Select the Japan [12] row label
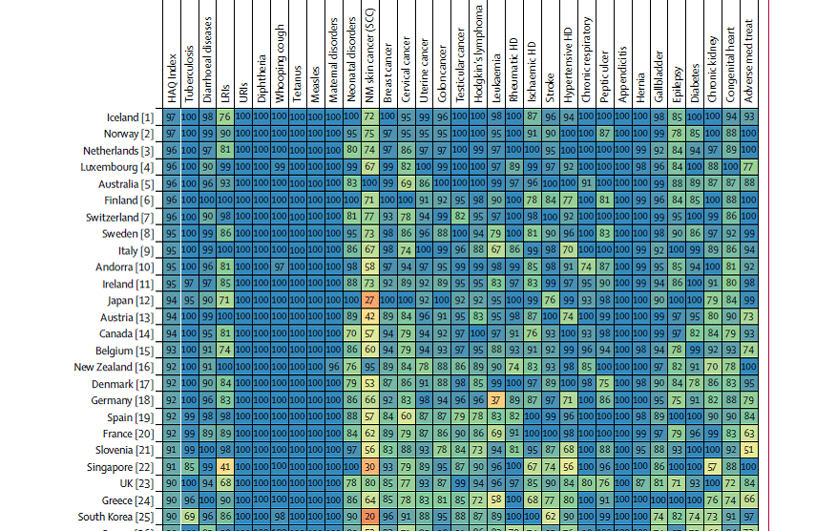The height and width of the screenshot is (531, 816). point(128,301)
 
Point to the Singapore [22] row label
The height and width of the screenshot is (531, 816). point(121,467)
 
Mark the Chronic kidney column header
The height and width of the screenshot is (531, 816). point(712,67)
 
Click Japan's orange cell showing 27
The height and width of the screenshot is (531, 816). point(369,301)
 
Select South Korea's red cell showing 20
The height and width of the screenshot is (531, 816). point(369,518)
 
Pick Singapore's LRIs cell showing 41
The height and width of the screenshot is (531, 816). point(225,467)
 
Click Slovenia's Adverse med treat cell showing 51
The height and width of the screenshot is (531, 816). point(748,451)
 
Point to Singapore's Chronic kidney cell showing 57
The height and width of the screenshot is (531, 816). point(712,467)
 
